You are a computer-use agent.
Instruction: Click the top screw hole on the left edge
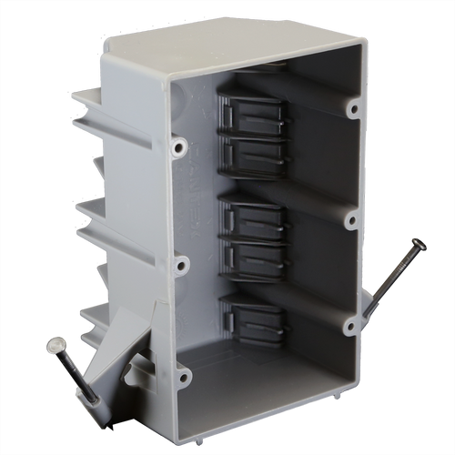coord(180,145)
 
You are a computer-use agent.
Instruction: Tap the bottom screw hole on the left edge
coord(185,374)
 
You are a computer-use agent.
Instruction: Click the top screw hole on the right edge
coord(352,108)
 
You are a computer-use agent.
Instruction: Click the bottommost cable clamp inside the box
coord(254,318)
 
